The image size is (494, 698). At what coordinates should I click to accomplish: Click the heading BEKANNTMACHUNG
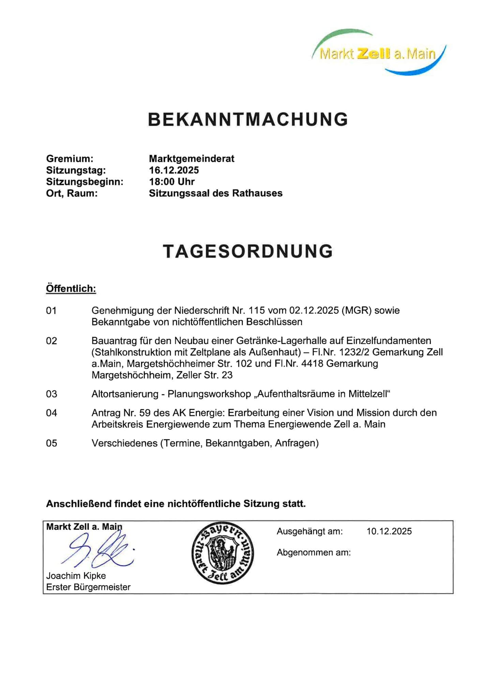point(248,119)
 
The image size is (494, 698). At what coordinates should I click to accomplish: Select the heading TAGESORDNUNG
point(248,251)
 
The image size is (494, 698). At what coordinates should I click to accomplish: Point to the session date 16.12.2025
point(174,170)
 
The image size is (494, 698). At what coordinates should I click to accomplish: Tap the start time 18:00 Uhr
point(172,182)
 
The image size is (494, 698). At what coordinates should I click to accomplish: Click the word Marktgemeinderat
point(192,158)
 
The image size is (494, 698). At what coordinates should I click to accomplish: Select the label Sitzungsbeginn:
point(85,182)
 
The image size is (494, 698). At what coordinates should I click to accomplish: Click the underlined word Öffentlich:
point(71,289)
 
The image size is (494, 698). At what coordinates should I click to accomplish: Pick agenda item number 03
point(51,394)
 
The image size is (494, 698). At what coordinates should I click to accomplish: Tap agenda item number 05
point(51,443)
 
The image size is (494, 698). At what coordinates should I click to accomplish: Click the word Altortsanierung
point(125,394)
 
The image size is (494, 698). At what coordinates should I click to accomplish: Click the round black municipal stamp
point(223,552)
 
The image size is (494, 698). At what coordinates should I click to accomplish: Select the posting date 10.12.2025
point(389,531)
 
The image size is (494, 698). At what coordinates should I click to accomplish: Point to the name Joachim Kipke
point(76,576)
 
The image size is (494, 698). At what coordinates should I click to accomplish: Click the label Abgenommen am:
point(314,552)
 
